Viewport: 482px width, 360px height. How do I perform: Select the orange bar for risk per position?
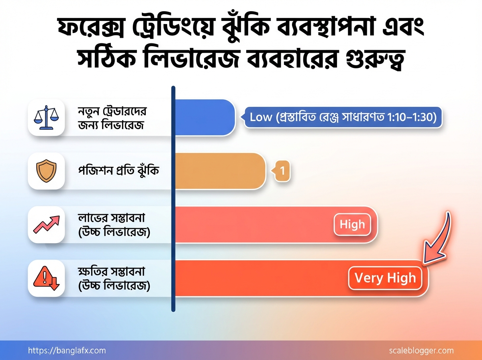click(x=220, y=171)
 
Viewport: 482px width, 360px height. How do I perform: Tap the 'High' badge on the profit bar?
click(x=352, y=224)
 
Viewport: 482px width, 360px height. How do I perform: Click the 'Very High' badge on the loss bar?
click(x=385, y=278)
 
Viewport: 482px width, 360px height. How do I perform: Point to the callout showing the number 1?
click(x=282, y=171)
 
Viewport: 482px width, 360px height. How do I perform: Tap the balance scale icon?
click(x=46, y=117)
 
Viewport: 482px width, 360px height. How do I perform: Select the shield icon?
click(x=46, y=171)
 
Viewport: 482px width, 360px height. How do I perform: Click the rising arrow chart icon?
click(x=46, y=224)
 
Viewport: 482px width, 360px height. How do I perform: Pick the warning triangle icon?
click(x=46, y=278)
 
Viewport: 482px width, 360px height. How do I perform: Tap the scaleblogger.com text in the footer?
click(x=421, y=350)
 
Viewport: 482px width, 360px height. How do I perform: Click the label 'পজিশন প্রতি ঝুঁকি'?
click(x=118, y=171)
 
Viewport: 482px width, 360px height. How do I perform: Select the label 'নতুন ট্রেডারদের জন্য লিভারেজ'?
click(x=111, y=117)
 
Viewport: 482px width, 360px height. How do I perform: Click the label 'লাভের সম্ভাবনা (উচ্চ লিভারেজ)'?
click(x=114, y=224)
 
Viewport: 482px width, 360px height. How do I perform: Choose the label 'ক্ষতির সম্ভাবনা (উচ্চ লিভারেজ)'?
click(x=114, y=278)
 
